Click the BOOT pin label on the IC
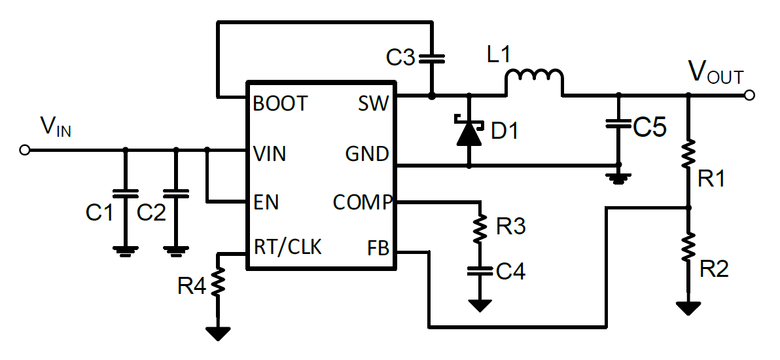coord(280,104)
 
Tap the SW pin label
coord(373,104)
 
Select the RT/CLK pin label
coord(288,247)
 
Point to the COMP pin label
coord(362,202)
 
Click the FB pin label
coord(378,248)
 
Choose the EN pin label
coord(266,202)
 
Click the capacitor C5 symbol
coord(616,124)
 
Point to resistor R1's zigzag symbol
coord(688,154)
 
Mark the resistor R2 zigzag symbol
coord(688,247)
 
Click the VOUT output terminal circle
coord(749,96)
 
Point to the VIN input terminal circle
coord(25,150)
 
